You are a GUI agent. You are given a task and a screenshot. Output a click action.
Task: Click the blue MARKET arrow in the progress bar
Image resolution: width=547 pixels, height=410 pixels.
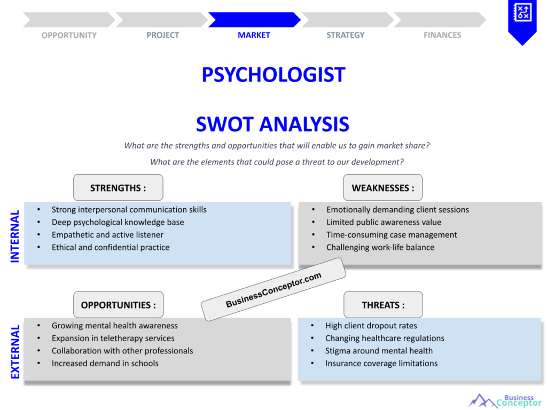point(254,20)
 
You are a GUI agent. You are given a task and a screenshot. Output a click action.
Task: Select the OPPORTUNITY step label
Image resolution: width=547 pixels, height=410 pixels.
point(69,35)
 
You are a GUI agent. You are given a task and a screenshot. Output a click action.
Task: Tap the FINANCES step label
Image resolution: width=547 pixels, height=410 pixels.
point(442,35)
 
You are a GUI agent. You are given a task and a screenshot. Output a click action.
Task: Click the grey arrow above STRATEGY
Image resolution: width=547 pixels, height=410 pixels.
point(347,20)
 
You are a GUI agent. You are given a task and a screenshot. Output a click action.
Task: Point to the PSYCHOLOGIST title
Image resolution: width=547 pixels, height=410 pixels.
point(273,75)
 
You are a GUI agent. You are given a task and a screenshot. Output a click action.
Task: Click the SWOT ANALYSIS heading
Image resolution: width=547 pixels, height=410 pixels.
point(272,124)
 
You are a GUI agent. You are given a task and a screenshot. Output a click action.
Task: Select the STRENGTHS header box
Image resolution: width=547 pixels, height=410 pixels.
point(118,187)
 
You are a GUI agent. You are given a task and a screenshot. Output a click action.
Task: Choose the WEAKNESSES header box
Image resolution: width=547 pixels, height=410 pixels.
point(382,187)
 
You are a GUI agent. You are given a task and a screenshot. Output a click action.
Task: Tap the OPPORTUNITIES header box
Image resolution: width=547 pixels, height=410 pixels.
point(118,305)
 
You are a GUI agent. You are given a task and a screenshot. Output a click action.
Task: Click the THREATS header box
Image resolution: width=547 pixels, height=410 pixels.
point(383,305)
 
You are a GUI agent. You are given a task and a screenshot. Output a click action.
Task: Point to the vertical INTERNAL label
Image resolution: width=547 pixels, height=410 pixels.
point(14,236)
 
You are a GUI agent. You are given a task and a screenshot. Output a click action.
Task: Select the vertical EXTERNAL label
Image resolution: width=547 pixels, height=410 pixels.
point(15,352)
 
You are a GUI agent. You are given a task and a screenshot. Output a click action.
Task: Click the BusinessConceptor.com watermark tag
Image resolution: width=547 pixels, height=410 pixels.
point(273,289)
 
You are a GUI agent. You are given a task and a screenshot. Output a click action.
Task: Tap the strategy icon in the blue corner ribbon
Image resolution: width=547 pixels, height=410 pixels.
point(522,13)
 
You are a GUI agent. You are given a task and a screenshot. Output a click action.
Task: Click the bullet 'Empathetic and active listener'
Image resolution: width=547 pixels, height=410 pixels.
point(107,235)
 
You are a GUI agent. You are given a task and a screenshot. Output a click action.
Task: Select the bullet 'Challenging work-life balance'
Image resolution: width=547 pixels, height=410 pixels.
point(380,248)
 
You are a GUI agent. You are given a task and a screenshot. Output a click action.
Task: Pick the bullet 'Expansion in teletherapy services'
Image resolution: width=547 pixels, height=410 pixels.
point(113,338)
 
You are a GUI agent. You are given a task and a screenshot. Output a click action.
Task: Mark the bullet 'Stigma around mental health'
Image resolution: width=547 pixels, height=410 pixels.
point(379,351)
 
